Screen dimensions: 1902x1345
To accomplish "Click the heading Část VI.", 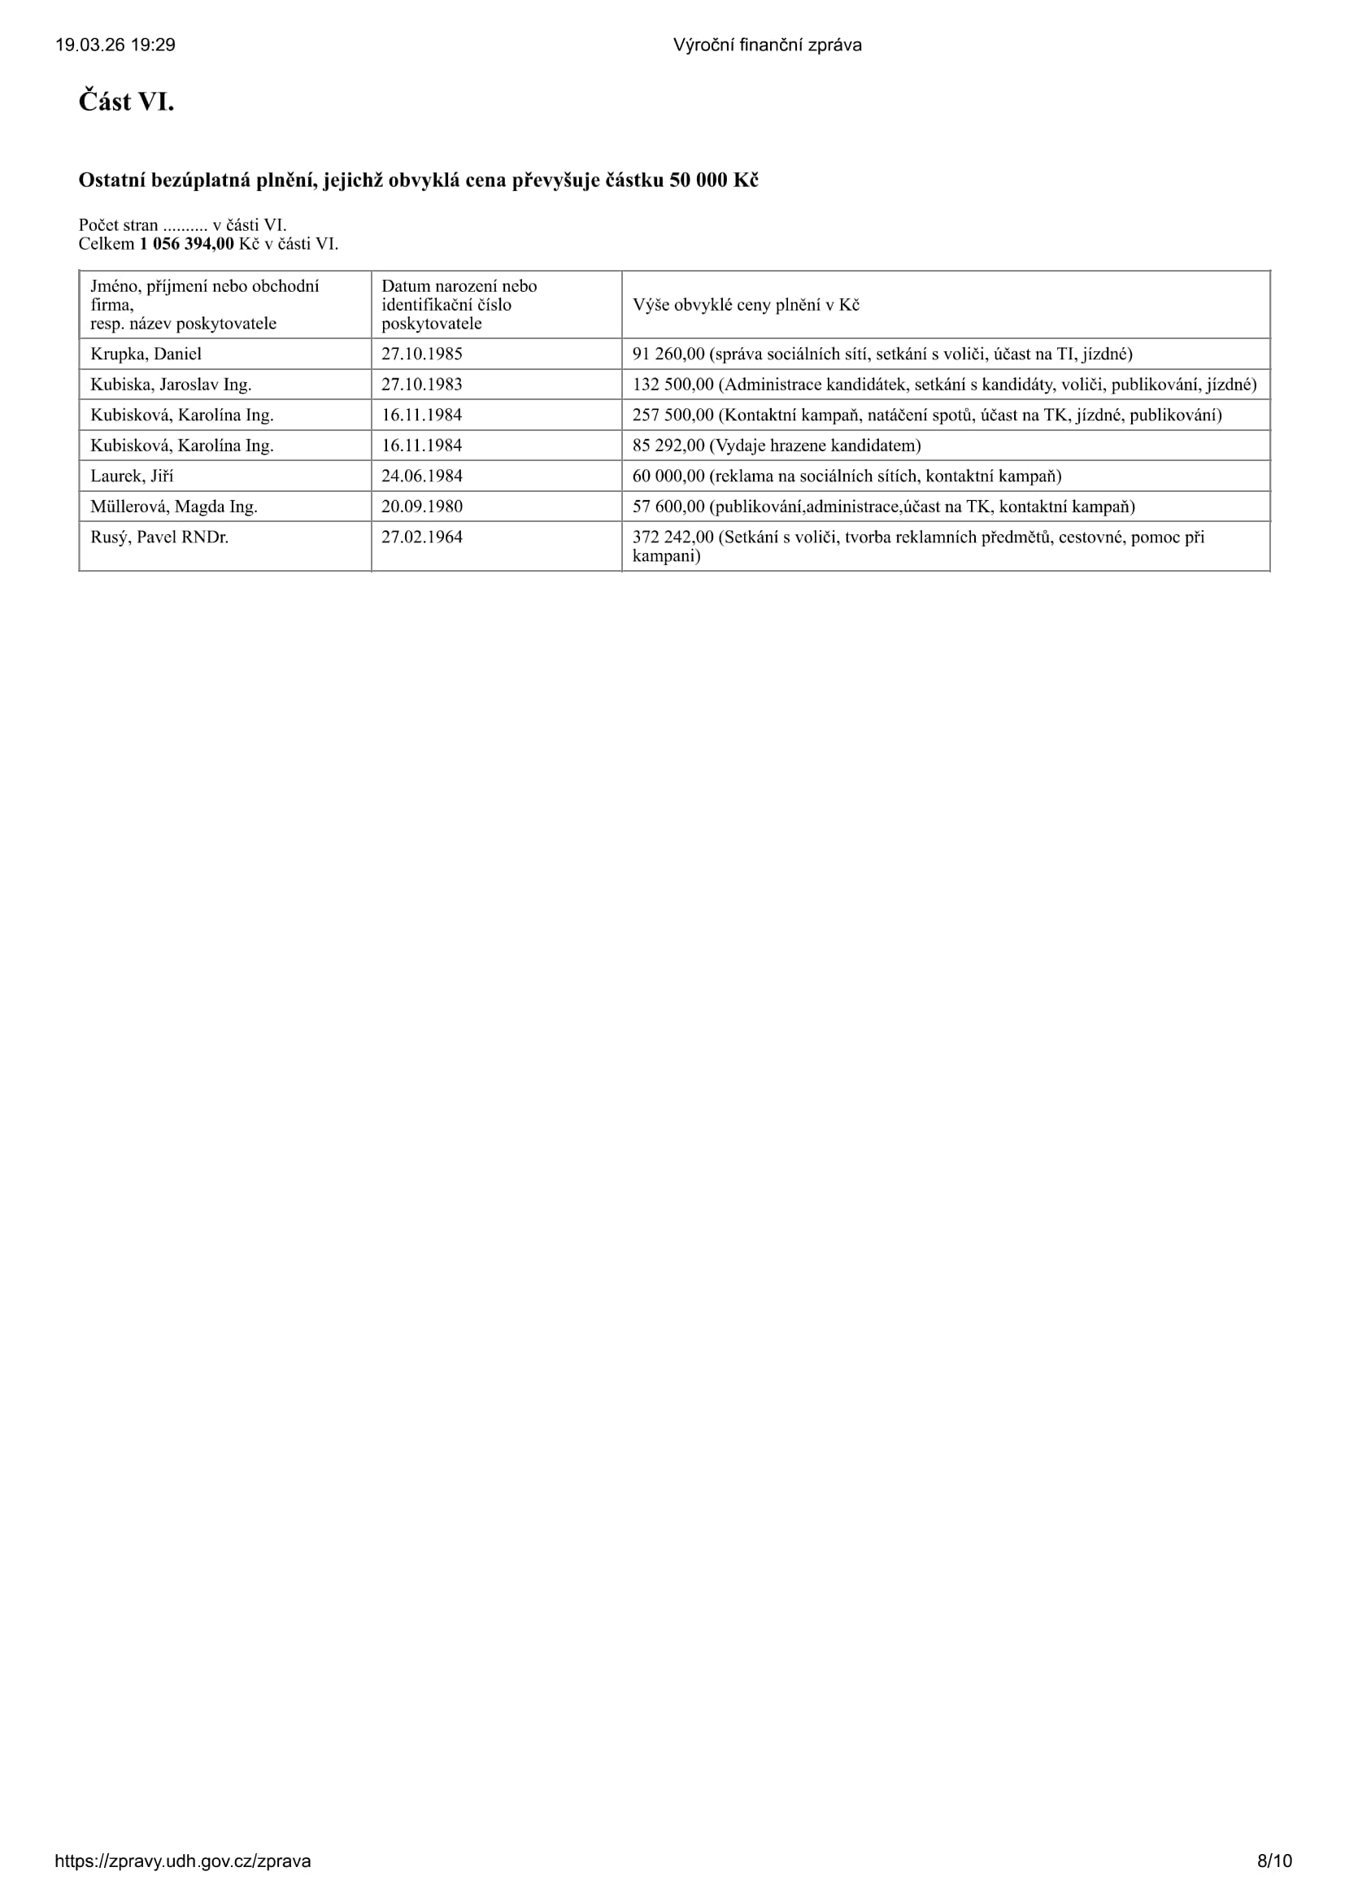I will click(126, 102).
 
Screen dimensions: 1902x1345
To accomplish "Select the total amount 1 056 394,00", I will click(186, 244).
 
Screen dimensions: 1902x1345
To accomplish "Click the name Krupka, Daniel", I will click(146, 354).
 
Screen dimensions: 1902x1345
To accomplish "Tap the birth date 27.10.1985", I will click(421, 354).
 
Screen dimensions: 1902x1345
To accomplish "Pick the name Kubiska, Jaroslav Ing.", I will click(171, 385).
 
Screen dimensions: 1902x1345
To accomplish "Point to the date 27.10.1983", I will click(421, 385).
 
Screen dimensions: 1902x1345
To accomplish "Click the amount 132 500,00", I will click(672, 385).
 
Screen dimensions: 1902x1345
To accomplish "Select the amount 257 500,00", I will click(672, 415).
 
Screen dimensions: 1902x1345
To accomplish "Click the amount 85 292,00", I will click(668, 446).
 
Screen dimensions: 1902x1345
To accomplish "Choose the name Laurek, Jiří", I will click(132, 477).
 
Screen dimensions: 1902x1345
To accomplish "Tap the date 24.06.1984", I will click(421, 477).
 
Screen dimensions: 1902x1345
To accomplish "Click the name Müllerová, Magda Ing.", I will click(174, 507).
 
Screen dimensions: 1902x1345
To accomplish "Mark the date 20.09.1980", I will click(421, 507).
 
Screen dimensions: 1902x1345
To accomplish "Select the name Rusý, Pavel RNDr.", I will click(159, 538).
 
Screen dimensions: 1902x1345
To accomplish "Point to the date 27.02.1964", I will click(421, 538).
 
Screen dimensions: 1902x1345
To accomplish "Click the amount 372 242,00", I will click(672, 538).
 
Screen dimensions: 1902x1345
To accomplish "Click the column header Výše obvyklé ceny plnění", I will click(746, 305).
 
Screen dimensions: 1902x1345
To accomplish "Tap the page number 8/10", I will click(1273, 1861).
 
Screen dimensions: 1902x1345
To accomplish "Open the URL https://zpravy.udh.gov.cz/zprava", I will click(183, 1861).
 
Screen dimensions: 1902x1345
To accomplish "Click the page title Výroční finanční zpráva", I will click(767, 46).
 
